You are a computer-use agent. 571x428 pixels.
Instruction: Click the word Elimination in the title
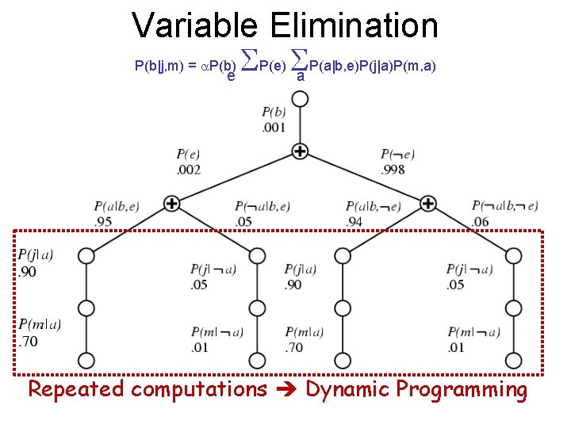pos(354,25)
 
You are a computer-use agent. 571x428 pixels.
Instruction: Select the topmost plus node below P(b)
pos(300,150)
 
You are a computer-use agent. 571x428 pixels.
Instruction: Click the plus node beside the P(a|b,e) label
pos(171,204)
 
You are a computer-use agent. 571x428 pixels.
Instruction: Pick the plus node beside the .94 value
pos(428,204)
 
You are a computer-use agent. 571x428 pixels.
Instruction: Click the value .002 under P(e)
pos(188,169)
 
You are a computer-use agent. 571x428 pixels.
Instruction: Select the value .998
pos(393,169)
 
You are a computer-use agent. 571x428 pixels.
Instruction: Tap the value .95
pos(103,221)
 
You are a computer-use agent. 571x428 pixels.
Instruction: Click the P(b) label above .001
pos(274,112)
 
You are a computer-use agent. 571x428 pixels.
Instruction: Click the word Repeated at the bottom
pos(76,389)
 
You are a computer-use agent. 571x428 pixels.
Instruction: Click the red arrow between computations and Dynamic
pos(286,390)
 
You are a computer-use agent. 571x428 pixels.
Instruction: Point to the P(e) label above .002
pos(188,154)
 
